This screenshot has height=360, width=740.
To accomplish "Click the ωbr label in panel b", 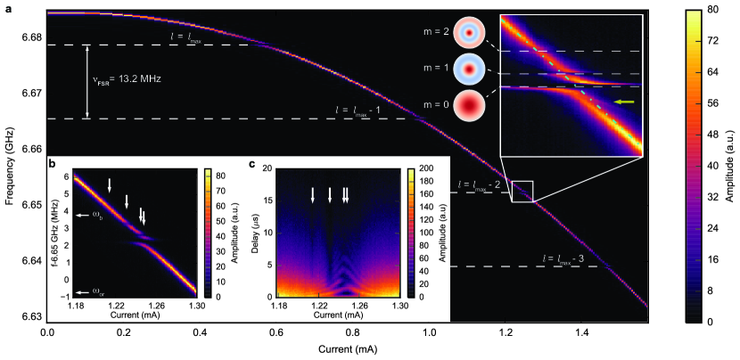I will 93,291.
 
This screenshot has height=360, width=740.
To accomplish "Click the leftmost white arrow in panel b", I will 110,184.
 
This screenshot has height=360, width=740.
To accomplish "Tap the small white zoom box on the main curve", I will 522,192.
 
